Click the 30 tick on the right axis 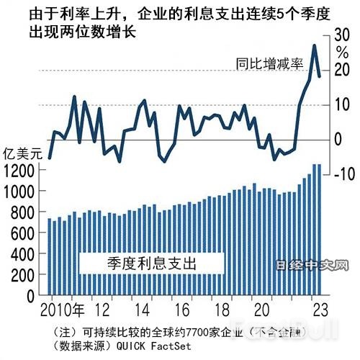(x=341, y=35)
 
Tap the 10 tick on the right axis (x=341, y=104)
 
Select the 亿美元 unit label (x=20, y=153)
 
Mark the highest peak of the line (x=314, y=46)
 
